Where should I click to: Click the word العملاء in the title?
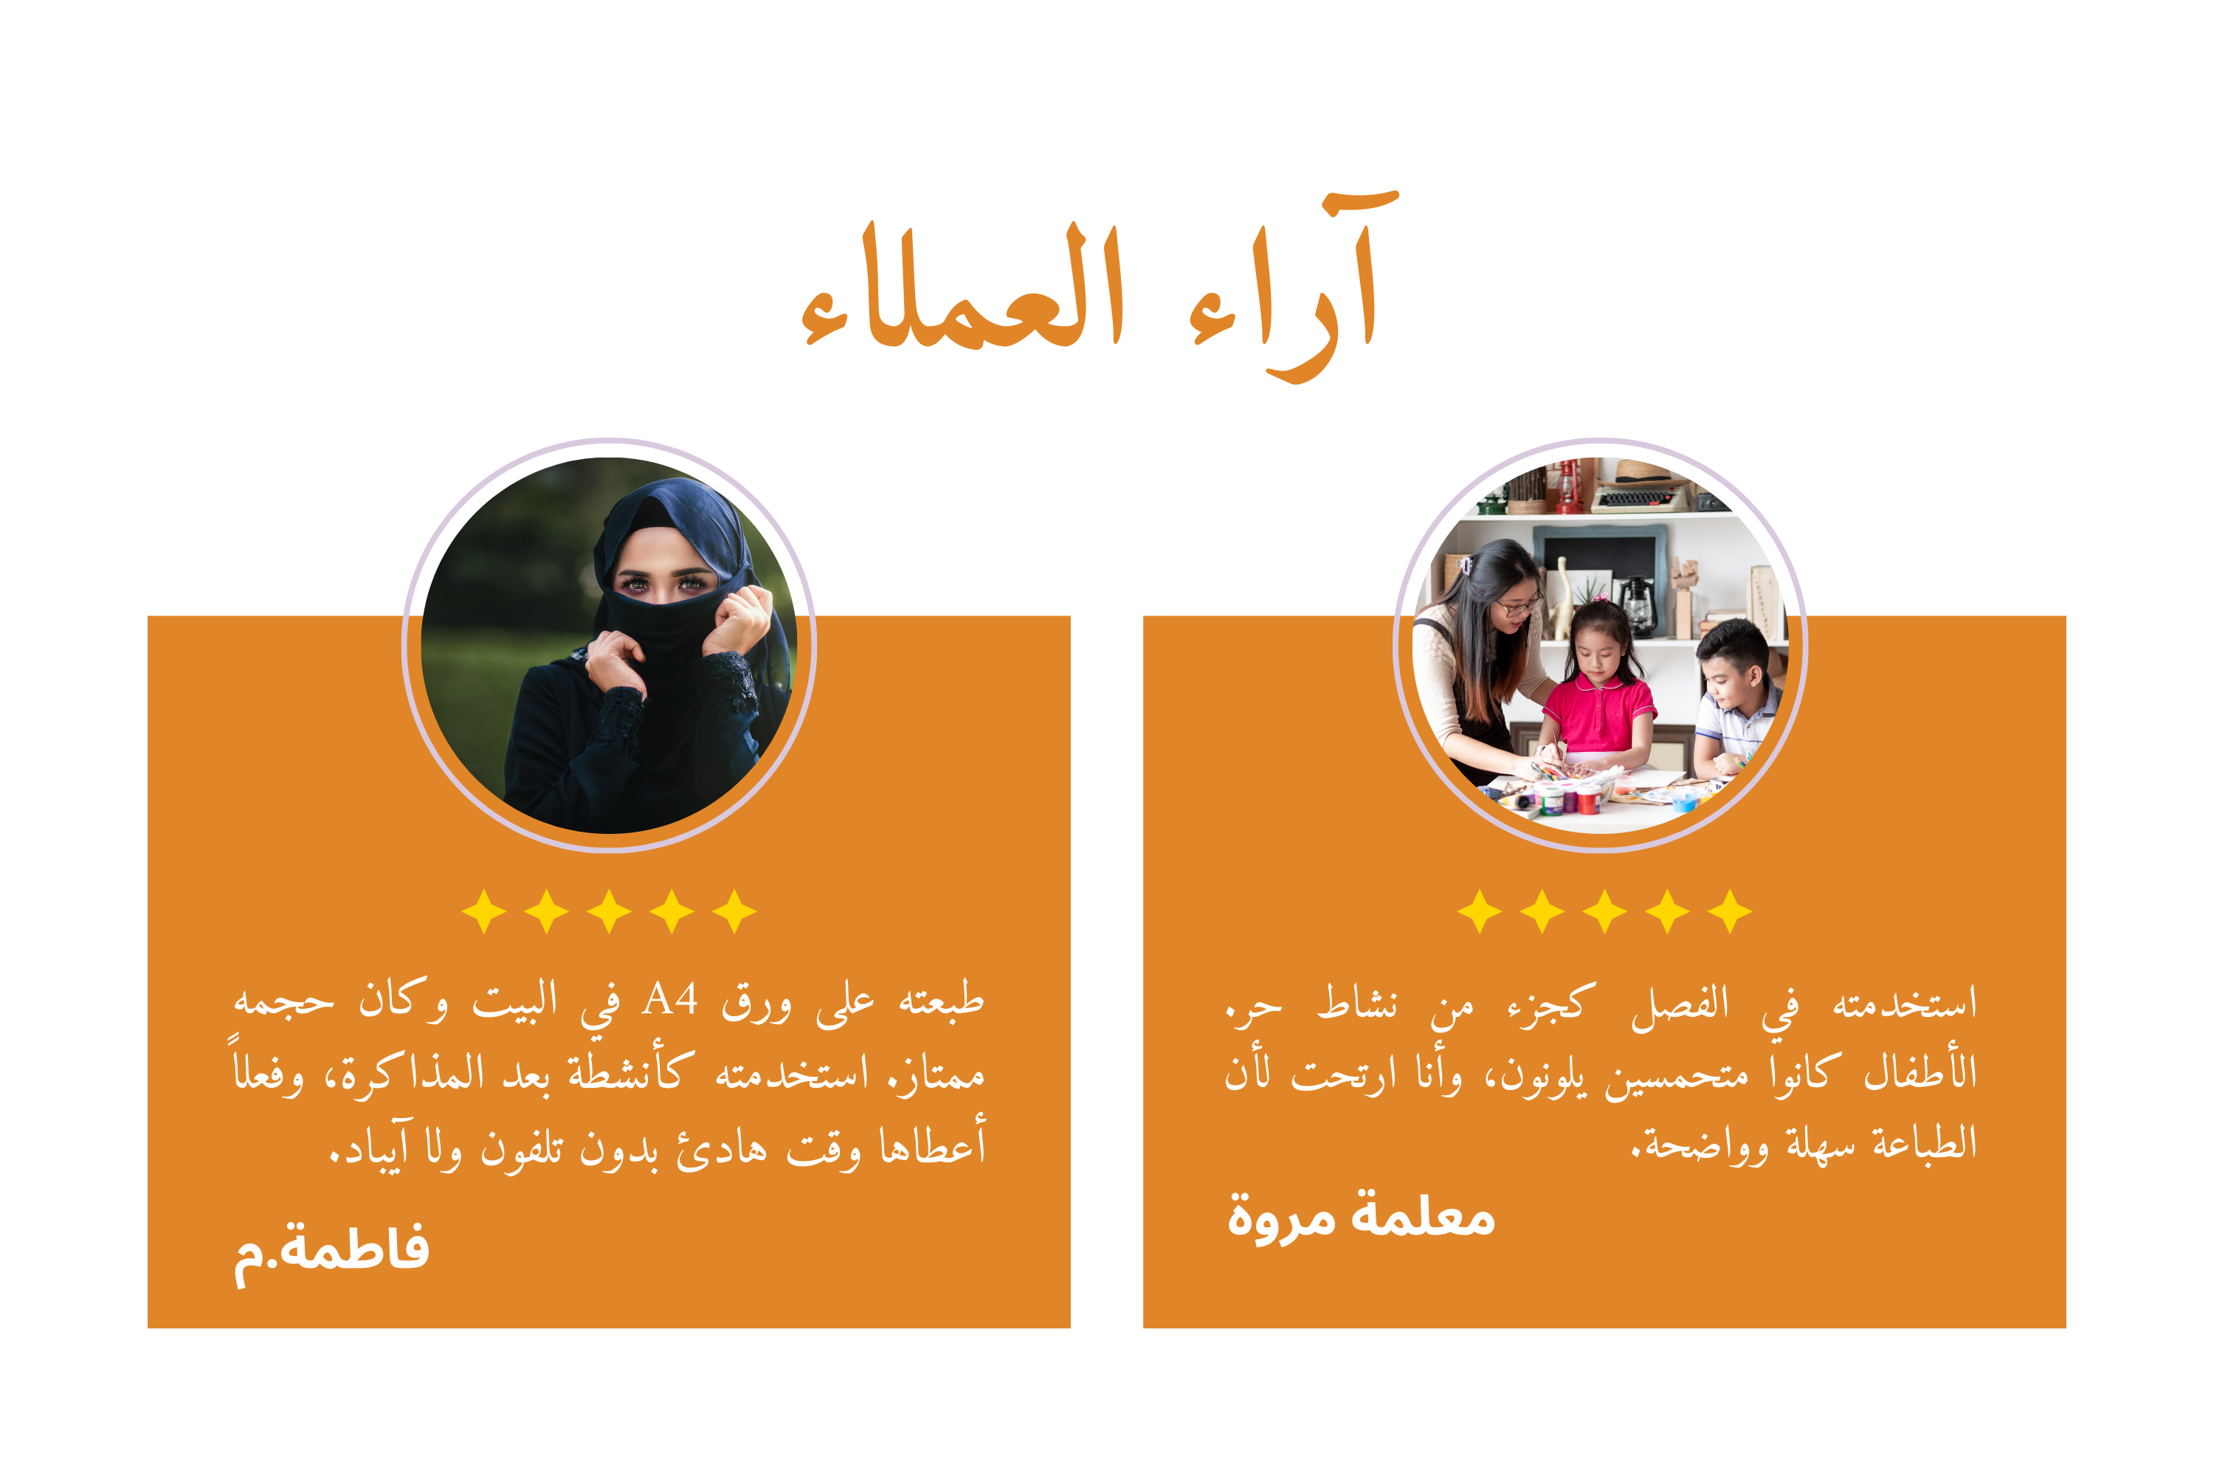click(x=962, y=286)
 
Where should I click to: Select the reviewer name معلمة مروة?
click(x=1361, y=1217)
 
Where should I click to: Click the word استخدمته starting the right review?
click(x=1904, y=1004)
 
